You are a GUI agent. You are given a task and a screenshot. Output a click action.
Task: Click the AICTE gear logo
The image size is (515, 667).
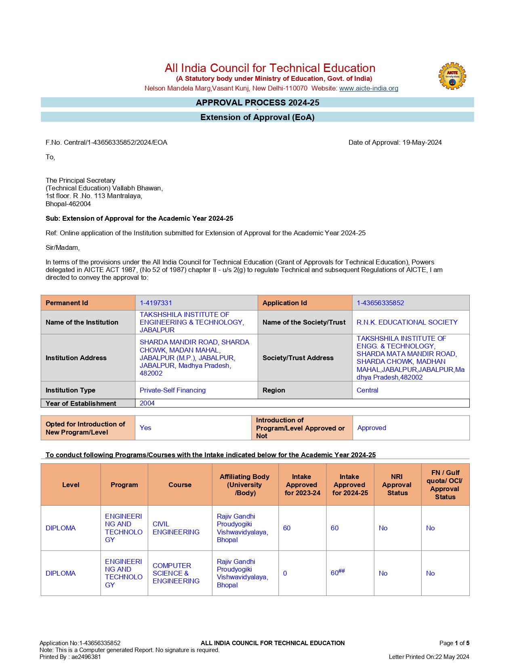[452, 76]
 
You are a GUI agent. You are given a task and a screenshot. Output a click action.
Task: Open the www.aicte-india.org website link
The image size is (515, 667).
[368, 88]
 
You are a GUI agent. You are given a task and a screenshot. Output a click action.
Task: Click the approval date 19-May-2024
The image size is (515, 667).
[422, 142]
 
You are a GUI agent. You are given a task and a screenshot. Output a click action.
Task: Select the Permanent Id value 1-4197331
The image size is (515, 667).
[156, 303]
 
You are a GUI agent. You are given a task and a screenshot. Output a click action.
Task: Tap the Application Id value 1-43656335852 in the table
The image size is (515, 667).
[380, 303]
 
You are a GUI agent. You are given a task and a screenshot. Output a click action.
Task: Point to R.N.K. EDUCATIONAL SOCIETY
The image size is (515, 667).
[407, 322]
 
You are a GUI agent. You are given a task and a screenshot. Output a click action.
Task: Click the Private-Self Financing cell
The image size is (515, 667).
[172, 390]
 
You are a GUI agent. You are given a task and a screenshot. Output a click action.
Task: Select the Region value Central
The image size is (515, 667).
[367, 390]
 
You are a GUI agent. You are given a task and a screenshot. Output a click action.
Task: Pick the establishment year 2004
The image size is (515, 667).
[147, 403]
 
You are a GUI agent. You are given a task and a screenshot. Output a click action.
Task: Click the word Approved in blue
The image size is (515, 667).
[372, 428]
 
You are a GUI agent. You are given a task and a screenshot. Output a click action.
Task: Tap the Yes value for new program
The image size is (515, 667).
[145, 428]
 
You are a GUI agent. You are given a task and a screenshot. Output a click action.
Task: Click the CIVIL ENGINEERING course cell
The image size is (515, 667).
[176, 528]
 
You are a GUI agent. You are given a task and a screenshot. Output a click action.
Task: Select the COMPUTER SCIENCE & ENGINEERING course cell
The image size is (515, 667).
[176, 573]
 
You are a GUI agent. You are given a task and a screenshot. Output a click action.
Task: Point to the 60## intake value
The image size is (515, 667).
[338, 573]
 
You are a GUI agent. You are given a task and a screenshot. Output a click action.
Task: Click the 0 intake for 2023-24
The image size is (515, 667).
[285, 573]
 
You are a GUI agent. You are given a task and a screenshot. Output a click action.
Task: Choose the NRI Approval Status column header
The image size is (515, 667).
[397, 485]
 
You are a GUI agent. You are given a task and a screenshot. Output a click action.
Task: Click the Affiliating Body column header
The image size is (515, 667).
[244, 485]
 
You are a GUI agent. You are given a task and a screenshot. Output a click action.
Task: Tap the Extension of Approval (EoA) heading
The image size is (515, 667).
[257, 117]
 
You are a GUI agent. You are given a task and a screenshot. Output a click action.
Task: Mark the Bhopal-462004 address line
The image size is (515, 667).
[68, 204]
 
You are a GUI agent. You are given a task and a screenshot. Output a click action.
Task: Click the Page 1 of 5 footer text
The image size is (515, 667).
[454, 643]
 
